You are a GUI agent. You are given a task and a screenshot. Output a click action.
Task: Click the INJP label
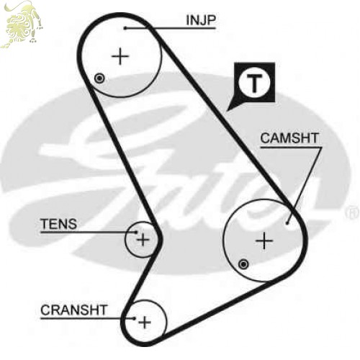click(x=201, y=20)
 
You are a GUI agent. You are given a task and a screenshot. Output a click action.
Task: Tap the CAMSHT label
click(x=289, y=138)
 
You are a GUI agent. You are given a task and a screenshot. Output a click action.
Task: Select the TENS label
click(x=59, y=224)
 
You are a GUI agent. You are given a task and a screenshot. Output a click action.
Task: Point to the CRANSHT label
click(x=73, y=310)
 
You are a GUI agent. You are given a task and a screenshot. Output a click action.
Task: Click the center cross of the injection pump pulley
click(x=120, y=57)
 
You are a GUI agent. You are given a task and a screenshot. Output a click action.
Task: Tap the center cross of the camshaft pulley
click(x=264, y=240)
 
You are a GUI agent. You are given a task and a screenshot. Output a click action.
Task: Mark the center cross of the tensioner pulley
click(x=143, y=239)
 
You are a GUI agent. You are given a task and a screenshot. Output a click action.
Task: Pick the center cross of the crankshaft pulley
click(x=145, y=322)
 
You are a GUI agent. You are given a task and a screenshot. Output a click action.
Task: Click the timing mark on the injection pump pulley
click(x=99, y=78)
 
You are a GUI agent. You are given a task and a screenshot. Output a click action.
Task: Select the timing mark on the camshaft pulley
click(x=243, y=264)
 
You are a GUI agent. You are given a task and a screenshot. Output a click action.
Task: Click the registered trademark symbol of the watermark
click(x=352, y=213)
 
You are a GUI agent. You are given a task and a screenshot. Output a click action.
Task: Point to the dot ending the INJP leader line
click(x=125, y=28)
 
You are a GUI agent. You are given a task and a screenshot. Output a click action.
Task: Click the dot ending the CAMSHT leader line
click(x=287, y=223)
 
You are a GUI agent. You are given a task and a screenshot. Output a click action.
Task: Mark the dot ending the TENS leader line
click(x=136, y=232)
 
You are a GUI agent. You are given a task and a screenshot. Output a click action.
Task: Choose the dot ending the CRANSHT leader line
click(x=135, y=318)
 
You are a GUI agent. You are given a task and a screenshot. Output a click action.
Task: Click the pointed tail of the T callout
click(x=227, y=111)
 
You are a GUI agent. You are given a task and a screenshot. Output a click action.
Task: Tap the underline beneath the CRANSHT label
click(x=88, y=318)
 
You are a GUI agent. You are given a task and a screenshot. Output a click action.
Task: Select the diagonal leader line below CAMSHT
click(x=304, y=185)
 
